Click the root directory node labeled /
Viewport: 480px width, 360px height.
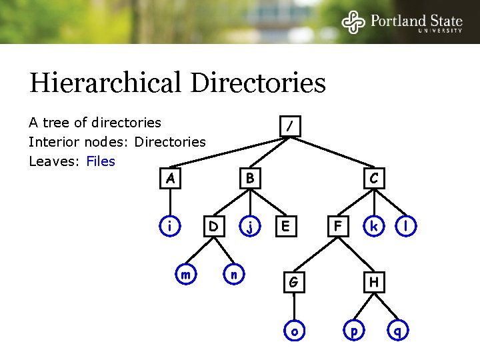point(290,126)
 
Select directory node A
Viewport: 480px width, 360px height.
point(171,179)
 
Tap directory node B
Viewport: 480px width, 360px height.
point(250,179)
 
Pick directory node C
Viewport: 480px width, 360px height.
point(374,179)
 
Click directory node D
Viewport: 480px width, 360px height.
point(213,227)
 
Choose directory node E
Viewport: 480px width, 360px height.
point(286,227)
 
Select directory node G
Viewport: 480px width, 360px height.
point(293,283)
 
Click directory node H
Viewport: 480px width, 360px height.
point(374,283)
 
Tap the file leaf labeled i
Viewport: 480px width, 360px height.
point(171,227)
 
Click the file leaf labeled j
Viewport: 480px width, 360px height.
point(250,227)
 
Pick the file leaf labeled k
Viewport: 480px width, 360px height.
point(374,227)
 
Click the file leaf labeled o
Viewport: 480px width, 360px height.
point(293,331)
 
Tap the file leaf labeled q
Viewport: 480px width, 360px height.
point(398,331)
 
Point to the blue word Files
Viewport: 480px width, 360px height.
point(101,161)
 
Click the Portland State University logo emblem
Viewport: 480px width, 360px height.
point(354,22)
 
